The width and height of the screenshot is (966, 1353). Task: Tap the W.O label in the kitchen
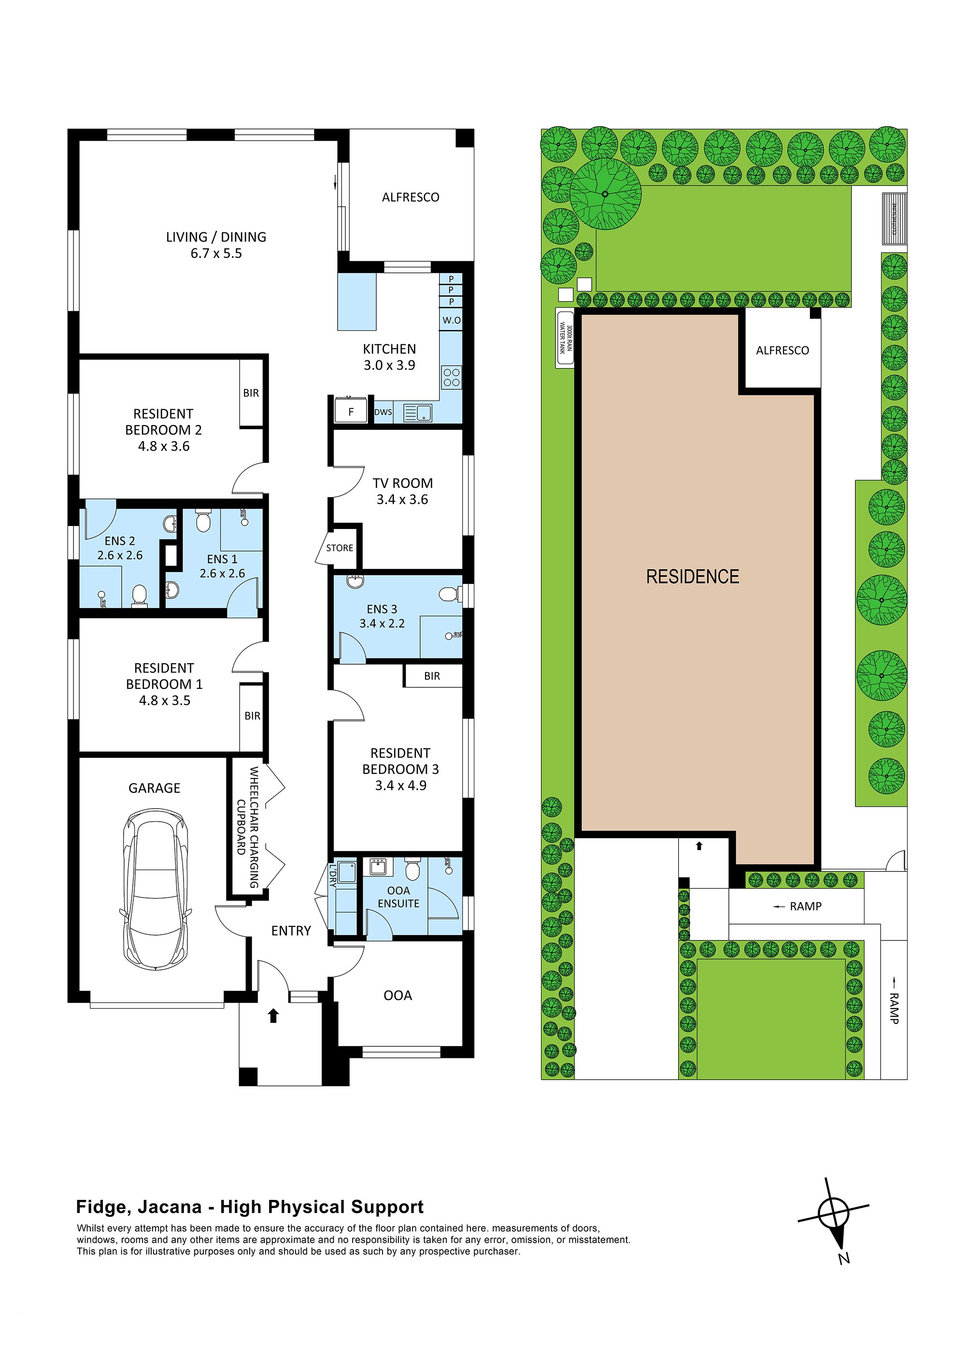point(451,320)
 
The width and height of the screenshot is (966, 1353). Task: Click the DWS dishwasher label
point(383,412)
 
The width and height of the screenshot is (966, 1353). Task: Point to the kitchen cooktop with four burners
point(451,378)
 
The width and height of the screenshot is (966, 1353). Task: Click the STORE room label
point(339,548)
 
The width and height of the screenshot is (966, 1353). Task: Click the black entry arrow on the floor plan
point(273,1015)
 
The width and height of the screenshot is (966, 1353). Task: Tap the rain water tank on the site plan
point(565,339)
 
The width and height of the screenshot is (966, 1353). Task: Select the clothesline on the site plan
point(894,218)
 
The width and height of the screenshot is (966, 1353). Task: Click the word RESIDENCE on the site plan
point(692,577)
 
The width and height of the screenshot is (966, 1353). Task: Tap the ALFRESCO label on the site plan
point(781,351)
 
